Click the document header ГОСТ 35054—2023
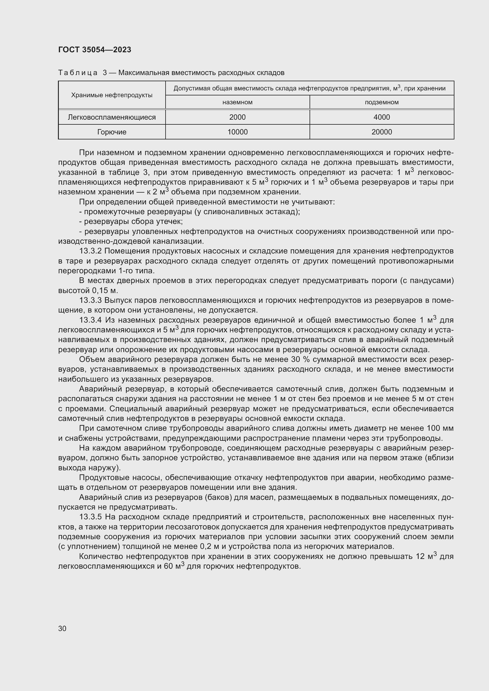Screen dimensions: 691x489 pyautogui.click(x=95, y=50)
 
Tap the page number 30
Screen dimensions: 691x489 pyautogui.click(x=62, y=628)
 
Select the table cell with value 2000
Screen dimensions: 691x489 pyautogui.click(x=237, y=117)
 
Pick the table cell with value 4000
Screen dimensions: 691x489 pyautogui.click(x=381, y=117)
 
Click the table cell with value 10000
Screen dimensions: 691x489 pyautogui.click(x=237, y=132)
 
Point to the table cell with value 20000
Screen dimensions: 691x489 pyautogui.click(x=381, y=132)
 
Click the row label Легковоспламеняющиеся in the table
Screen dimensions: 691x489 pyautogui.click(x=112, y=117)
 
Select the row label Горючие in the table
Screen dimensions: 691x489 pyautogui.click(x=112, y=132)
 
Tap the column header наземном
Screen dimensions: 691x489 pyautogui.click(x=237, y=102)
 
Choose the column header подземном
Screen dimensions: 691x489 pyautogui.click(x=381, y=102)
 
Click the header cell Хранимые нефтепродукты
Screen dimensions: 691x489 pyautogui.click(x=112, y=95)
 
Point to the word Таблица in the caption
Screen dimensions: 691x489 pyautogui.click(x=78, y=73)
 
